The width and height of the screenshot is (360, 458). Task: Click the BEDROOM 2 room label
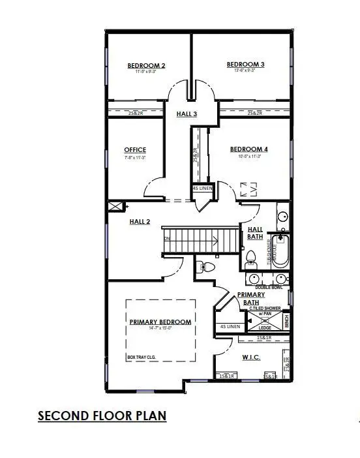click(x=146, y=65)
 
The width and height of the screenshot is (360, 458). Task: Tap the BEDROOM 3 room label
click(x=245, y=64)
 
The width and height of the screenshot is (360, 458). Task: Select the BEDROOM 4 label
click(x=248, y=149)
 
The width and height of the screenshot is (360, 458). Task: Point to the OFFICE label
click(x=135, y=149)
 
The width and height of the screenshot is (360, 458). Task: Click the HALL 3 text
click(x=187, y=114)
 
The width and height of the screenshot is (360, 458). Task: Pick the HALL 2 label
click(x=140, y=222)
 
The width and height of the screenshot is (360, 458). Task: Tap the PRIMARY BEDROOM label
click(x=160, y=322)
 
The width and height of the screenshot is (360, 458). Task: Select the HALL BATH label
click(x=254, y=233)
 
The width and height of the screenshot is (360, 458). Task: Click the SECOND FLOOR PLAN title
click(x=102, y=416)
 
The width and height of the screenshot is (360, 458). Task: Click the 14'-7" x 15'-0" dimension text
click(x=160, y=329)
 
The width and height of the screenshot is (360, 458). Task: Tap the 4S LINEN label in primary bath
click(x=230, y=326)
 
